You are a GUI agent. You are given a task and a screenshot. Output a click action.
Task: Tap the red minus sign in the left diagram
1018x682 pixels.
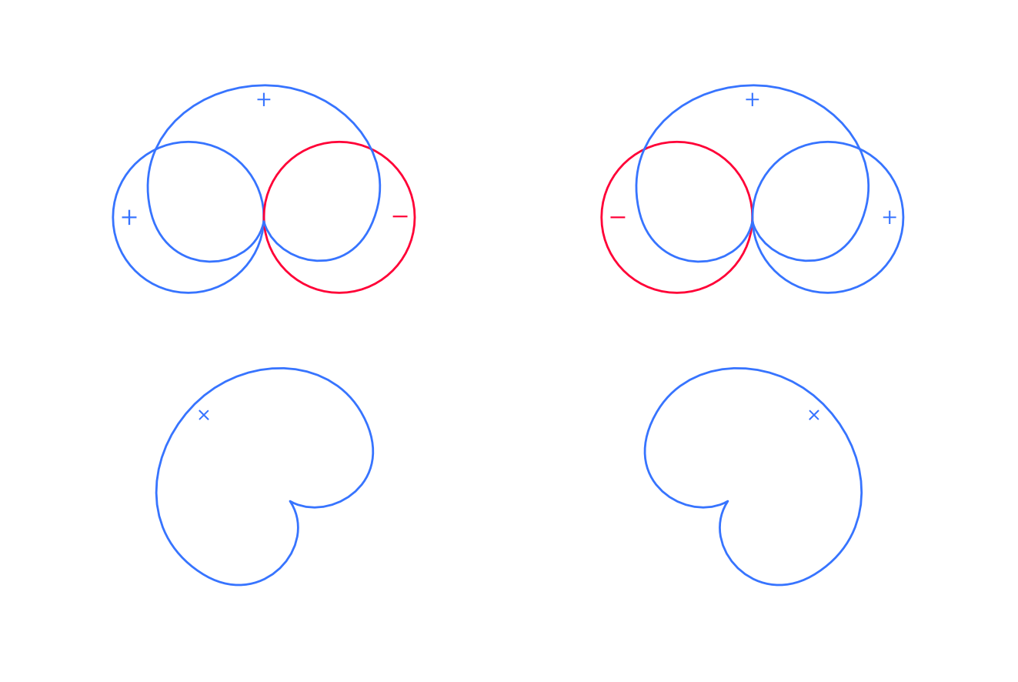tap(400, 217)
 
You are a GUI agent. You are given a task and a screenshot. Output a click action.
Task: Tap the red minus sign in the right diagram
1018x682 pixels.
tap(618, 218)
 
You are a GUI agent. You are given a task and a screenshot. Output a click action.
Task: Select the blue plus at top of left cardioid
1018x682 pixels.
tap(264, 99)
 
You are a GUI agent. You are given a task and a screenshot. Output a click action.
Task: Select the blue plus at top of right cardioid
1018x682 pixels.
tap(753, 99)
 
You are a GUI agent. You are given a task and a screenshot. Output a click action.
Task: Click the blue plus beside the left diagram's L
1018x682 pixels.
tap(129, 218)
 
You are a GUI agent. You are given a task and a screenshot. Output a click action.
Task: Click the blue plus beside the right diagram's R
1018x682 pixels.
tap(889, 218)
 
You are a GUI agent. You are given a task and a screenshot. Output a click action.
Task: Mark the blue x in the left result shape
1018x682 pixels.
tap(204, 415)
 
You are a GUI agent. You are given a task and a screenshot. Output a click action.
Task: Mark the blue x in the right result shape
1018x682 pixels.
tap(814, 415)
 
